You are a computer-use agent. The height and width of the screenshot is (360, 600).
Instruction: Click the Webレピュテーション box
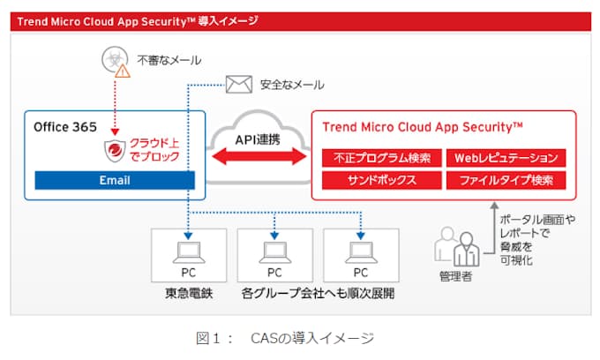(506, 159)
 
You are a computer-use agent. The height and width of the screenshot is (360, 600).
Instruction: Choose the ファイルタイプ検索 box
(506, 181)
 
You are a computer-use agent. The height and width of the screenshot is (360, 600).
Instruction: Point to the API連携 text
(259, 139)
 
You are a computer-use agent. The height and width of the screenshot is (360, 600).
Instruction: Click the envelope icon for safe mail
(239, 85)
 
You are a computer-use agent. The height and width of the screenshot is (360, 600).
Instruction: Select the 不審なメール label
(169, 61)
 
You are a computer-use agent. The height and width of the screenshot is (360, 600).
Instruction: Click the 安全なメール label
(291, 86)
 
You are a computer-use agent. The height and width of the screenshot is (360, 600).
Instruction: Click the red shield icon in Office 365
(116, 151)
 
